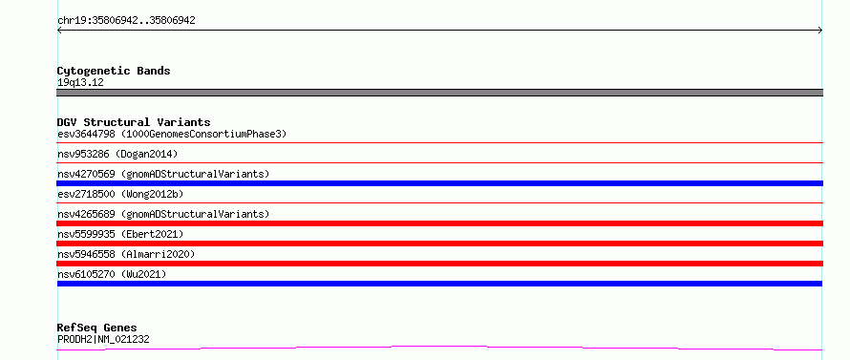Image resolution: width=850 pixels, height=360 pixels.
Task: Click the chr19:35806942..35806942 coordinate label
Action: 126,21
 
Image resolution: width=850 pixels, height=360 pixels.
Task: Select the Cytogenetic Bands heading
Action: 114,71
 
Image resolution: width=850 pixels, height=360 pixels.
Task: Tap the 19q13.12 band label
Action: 80,83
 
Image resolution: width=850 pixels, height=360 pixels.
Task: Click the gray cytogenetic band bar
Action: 439,93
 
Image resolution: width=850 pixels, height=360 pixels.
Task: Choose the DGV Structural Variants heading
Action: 134,122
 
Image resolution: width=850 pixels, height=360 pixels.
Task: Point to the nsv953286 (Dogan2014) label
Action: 117,154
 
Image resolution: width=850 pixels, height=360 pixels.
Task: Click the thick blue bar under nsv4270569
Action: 439,183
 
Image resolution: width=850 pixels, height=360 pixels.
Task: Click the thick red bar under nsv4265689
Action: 439,223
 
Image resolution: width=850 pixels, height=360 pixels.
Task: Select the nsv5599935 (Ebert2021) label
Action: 120,234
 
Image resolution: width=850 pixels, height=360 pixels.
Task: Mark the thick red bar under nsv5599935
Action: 439,244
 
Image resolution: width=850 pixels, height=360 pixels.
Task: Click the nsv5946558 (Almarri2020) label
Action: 126,254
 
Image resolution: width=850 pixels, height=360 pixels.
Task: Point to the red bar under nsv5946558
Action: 439,264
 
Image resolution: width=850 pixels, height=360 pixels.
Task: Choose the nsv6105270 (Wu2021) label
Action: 112,274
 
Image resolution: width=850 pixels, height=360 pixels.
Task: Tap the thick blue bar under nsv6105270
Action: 439,284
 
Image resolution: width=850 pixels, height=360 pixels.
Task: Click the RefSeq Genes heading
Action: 97,328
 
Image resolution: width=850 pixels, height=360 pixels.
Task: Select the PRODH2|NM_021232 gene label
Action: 103,339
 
